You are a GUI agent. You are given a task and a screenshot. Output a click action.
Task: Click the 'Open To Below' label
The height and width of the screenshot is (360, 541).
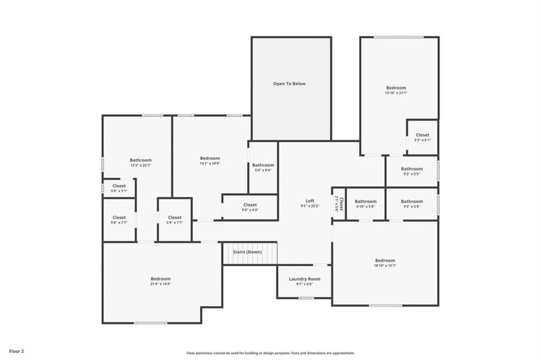[x=290, y=83]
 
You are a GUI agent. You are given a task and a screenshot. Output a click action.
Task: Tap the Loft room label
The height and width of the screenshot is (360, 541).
[x=309, y=201]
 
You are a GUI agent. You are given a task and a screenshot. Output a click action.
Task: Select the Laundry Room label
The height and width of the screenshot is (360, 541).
[x=305, y=279]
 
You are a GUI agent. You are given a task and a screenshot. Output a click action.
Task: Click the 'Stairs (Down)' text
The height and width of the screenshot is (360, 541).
[x=246, y=252]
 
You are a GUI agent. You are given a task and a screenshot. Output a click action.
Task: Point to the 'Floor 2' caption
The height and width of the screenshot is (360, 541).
[x=16, y=350]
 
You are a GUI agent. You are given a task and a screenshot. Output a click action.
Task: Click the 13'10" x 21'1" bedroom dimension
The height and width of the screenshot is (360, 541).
[x=395, y=93]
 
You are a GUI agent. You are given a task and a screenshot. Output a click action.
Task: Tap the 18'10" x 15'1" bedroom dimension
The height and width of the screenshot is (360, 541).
[x=384, y=265]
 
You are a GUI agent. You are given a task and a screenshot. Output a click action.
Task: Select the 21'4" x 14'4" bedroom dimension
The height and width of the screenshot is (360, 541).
[x=161, y=284]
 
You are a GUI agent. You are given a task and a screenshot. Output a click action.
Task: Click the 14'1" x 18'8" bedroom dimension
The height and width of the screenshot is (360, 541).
[x=210, y=163]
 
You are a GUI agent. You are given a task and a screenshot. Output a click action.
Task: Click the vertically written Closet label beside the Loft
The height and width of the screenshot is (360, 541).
[x=339, y=204]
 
